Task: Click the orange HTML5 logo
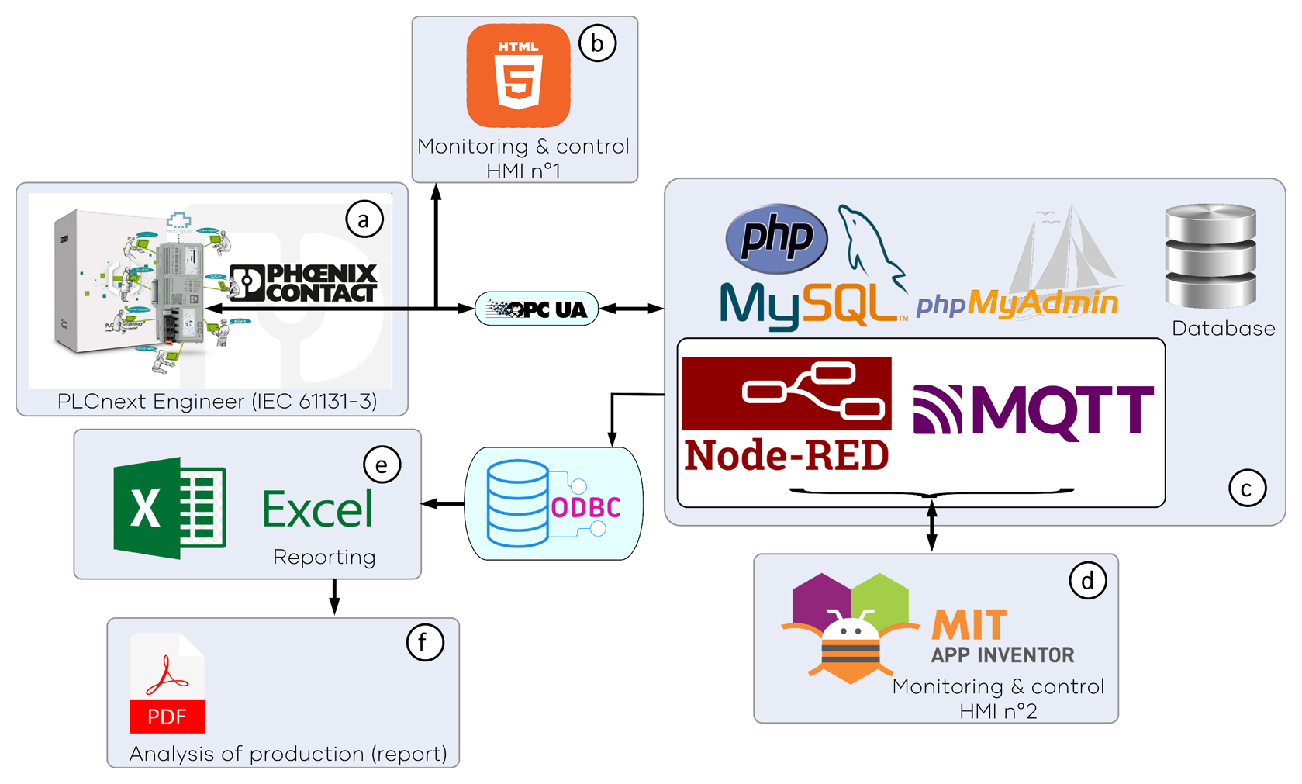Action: (x=518, y=75)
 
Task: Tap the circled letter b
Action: (x=597, y=43)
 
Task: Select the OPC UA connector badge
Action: (x=537, y=309)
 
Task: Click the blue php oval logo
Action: (x=776, y=237)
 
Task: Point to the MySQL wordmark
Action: (x=810, y=305)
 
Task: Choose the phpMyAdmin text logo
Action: (x=1017, y=302)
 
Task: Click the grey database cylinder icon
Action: (x=1210, y=255)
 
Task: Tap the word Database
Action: (x=1223, y=329)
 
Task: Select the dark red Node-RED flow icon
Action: (x=786, y=392)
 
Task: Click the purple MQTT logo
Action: (x=1033, y=410)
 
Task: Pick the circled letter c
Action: (x=1247, y=489)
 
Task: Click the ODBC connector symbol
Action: (x=554, y=504)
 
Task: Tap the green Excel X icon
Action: (x=169, y=508)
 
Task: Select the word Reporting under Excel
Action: (x=324, y=557)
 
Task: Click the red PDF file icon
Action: (x=167, y=683)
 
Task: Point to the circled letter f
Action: (x=425, y=642)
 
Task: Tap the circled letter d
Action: (x=1087, y=581)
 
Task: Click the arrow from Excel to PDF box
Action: (x=334, y=596)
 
